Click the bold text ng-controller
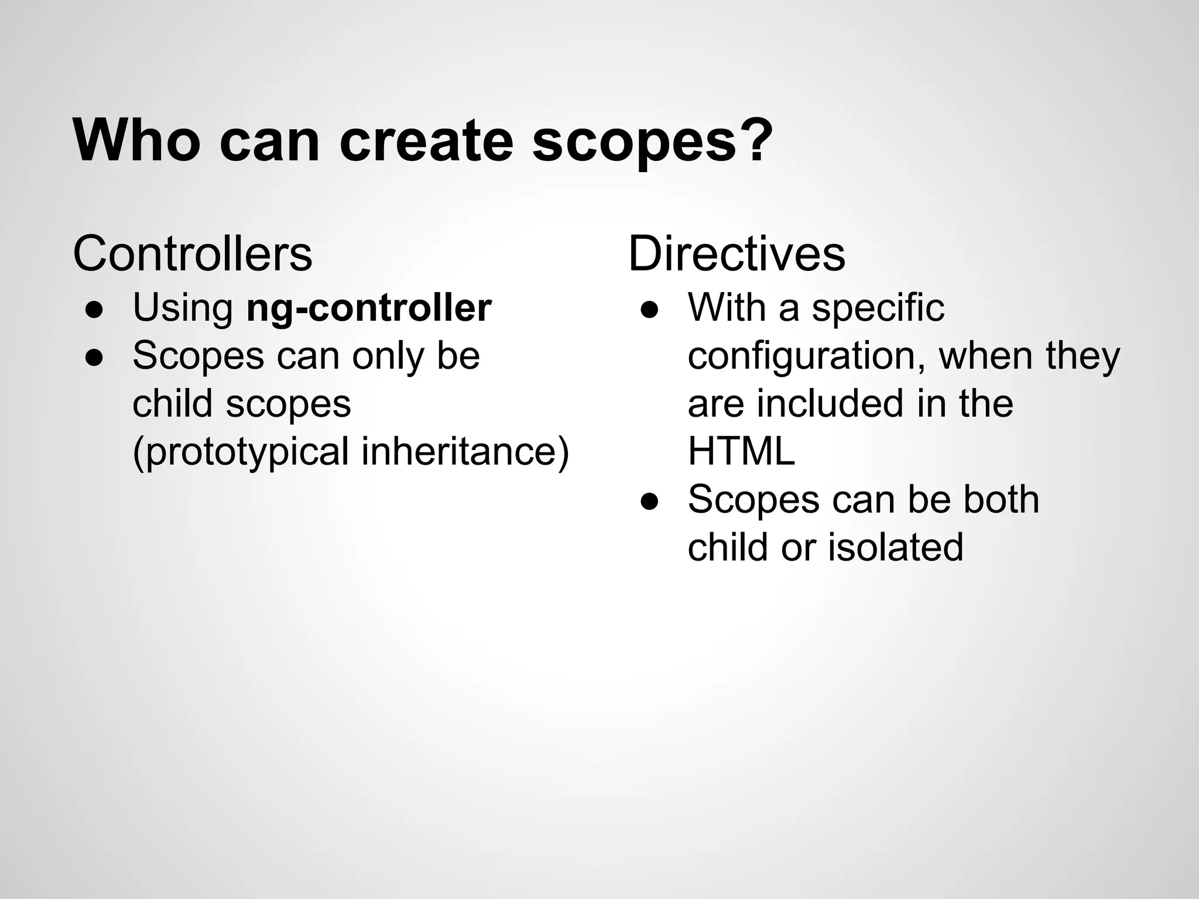point(369,308)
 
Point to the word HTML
point(741,451)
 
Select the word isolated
point(896,547)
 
